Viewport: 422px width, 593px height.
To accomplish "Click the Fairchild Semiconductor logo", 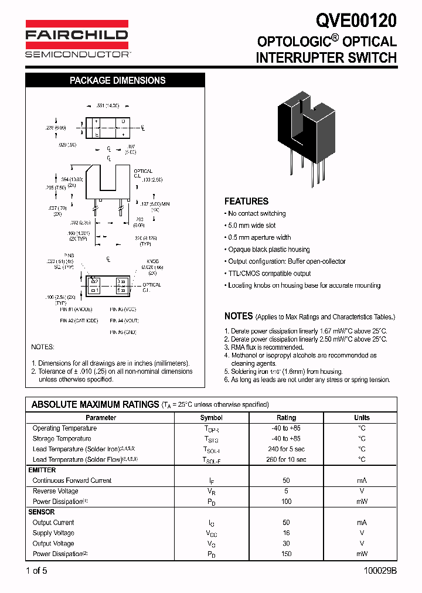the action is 77,39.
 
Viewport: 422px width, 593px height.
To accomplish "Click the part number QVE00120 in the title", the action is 356,21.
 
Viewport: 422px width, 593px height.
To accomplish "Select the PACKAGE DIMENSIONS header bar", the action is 117,80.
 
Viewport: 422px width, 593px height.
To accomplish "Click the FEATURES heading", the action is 246,201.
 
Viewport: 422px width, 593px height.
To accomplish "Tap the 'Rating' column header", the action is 286,418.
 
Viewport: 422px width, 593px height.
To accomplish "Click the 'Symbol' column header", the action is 212,418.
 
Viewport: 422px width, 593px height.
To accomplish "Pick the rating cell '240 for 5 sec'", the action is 286,449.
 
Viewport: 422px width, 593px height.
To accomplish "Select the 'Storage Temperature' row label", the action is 62,439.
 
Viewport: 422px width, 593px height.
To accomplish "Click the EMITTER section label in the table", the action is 42,470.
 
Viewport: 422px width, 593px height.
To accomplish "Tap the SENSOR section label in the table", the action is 41,512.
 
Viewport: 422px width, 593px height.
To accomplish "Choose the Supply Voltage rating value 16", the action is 286,533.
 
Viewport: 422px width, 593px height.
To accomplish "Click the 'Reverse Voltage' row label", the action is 55,491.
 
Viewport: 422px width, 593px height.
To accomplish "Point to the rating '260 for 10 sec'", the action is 286,460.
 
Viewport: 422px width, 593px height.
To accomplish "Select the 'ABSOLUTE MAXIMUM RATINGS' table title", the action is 95,404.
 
